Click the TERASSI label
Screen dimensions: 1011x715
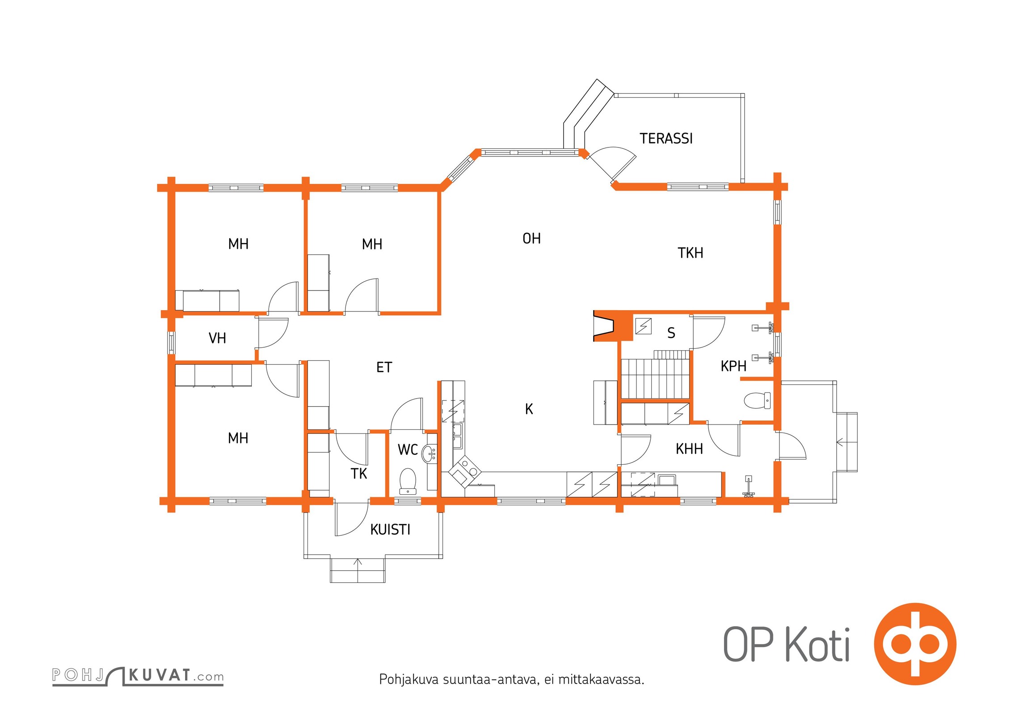(666, 139)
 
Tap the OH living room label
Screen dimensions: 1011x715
(531, 239)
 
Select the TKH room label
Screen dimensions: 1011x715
(690, 253)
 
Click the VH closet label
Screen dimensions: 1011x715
(217, 338)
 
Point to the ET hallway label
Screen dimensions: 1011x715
(384, 367)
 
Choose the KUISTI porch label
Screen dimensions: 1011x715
(390, 530)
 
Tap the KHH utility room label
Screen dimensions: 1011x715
(689, 449)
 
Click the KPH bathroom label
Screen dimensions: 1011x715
(733, 366)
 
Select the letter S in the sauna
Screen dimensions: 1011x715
(671, 333)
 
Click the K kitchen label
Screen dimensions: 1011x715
(529, 409)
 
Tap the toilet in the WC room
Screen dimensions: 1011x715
(408, 481)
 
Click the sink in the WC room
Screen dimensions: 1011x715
(430, 454)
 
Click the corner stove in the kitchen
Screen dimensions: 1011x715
(465, 471)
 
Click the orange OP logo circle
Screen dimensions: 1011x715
(915, 644)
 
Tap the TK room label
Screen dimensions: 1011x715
(359, 474)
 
